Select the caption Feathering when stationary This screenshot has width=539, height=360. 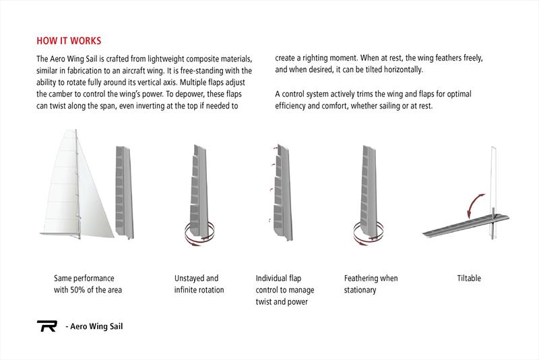pos(371,284)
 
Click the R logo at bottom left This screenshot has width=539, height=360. pos(46,327)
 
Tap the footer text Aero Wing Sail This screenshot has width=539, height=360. pos(94,328)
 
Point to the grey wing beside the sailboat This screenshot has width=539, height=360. pos(121,189)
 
